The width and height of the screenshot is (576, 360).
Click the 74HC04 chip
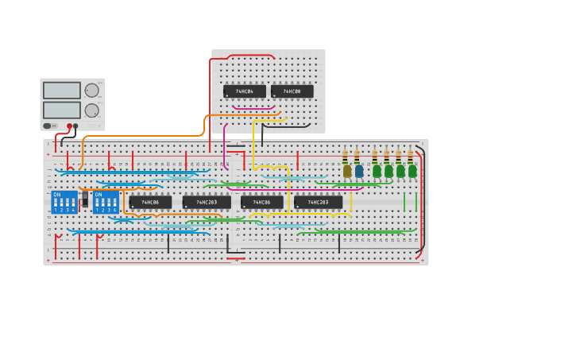pos(244,91)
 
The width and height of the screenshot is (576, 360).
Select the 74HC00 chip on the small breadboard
pos(292,91)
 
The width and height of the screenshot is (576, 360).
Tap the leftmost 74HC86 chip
pos(150,202)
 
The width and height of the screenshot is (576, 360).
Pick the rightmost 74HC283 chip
pos(318,202)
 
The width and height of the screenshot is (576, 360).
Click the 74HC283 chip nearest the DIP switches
pos(207,202)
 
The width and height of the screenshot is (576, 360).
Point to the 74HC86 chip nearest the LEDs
pos(261,202)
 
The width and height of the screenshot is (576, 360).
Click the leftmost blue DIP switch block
pos(64,202)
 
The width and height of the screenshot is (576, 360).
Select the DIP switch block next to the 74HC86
pos(106,202)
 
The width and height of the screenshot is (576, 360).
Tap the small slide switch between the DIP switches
pos(85,199)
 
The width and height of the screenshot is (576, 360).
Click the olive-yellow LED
pos(347,171)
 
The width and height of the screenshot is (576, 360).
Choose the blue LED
pos(359,171)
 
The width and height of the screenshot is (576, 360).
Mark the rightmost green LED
pos(412,171)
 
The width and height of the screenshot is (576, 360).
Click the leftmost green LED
pos(377,171)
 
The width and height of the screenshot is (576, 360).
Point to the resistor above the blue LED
pos(358,156)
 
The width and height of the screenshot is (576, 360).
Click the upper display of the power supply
pos(62,91)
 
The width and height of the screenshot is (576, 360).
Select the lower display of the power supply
pos(62,110)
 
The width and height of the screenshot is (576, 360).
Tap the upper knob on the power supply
pos(92,91)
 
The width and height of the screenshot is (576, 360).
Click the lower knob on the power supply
pos(92,110)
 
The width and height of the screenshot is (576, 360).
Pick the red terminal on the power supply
pos(69,126)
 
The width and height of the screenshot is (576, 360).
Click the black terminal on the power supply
pos(75,126)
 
